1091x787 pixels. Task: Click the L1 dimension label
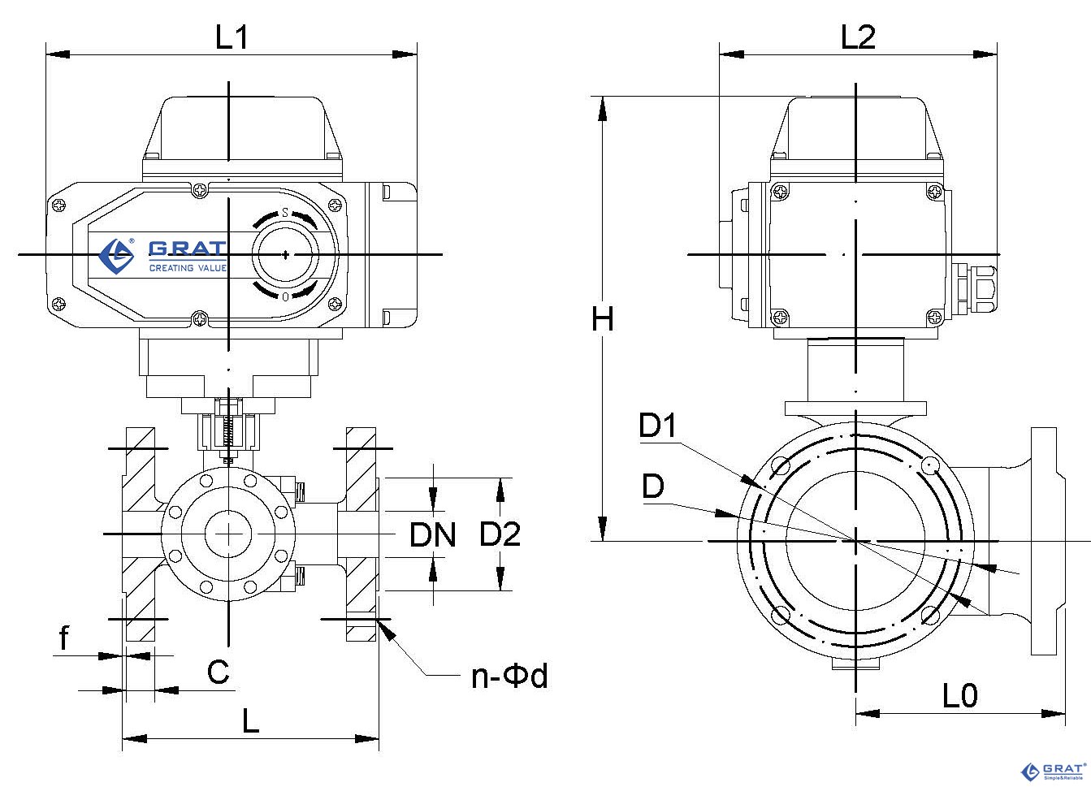232,37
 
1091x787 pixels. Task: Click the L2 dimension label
858,37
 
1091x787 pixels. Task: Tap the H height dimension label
603,319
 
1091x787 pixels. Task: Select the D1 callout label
657,425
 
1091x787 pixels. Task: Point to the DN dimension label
432,535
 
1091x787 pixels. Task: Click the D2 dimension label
500,534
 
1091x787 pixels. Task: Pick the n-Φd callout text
509,676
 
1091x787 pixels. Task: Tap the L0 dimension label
960,695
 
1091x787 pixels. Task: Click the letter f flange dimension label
64,638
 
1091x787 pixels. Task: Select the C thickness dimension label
218,672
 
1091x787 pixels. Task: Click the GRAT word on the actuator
188,249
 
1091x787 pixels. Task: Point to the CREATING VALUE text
188,268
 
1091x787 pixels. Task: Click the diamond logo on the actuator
116,256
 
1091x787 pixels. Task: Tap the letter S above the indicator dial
285,213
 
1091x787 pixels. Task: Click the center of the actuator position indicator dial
286,255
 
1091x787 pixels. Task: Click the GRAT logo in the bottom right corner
1052,772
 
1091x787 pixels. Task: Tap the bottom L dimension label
251,721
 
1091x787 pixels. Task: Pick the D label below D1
652,486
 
